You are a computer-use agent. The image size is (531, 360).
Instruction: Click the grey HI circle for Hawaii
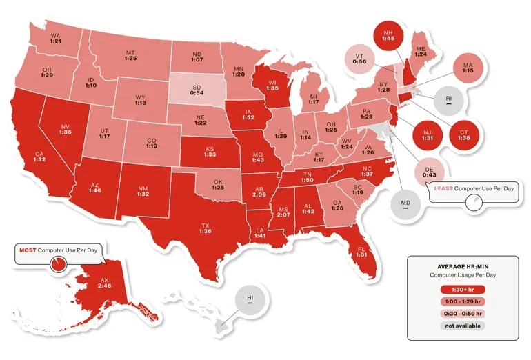click(x=250, y=301)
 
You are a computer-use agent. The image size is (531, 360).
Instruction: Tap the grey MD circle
click(x=405, y=204)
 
